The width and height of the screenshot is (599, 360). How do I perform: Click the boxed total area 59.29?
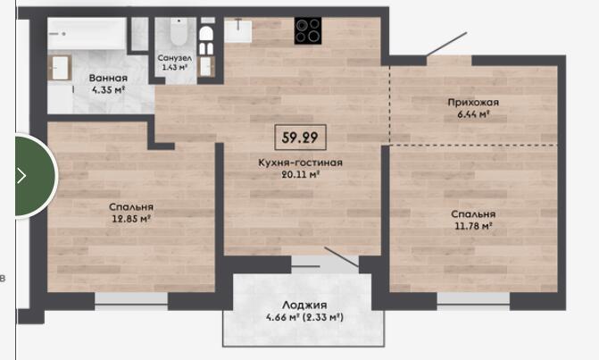tap(300, 138)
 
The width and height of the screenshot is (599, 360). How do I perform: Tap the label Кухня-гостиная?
tap(300, 163)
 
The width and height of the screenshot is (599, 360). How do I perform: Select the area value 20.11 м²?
tap(300, 175)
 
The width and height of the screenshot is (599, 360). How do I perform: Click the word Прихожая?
tap(473, 103)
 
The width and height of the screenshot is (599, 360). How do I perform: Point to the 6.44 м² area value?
tap(473, 114)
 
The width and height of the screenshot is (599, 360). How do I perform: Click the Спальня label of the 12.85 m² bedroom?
tap(131, 206)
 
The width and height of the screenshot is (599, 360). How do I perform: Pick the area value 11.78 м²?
tap(473, 226)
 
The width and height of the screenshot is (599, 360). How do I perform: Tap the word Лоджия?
tap(304, 305)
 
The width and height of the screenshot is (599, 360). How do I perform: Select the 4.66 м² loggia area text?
tap(282, 317)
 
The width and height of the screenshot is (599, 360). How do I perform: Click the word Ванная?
tap(108, 78)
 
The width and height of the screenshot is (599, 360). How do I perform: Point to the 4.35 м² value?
tap(108, 90)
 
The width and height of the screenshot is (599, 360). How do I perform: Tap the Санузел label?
tap(175, 58)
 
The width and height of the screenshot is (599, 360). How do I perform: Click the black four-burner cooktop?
tap(308, 30)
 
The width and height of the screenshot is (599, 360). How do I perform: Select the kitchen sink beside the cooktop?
tap(238, 30)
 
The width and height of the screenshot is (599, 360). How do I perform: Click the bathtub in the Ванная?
tap(87, 33)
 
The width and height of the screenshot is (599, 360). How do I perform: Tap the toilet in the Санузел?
tap(178, 31)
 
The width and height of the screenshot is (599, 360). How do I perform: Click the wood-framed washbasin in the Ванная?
tap(60, 68)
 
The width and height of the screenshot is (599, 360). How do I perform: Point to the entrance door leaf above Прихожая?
tap(446, 44)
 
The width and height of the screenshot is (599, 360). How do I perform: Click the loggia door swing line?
tap(342, 256)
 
